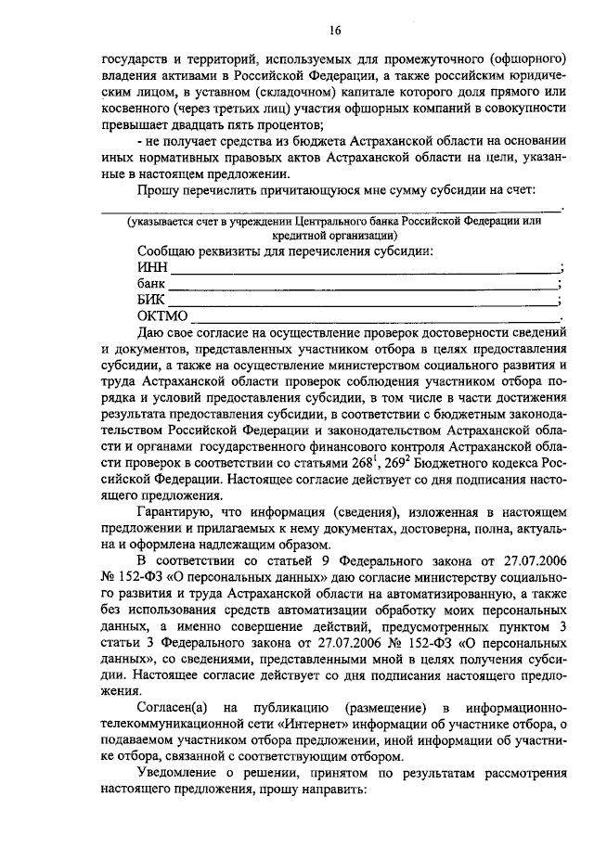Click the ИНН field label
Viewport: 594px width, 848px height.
(x=151, y=267)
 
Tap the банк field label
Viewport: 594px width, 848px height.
(x=151, y=283)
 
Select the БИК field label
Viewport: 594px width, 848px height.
(x=151, y=299)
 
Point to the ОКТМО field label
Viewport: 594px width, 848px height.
(x=162, y=315)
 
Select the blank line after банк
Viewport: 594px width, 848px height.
(x=364, y=287)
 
